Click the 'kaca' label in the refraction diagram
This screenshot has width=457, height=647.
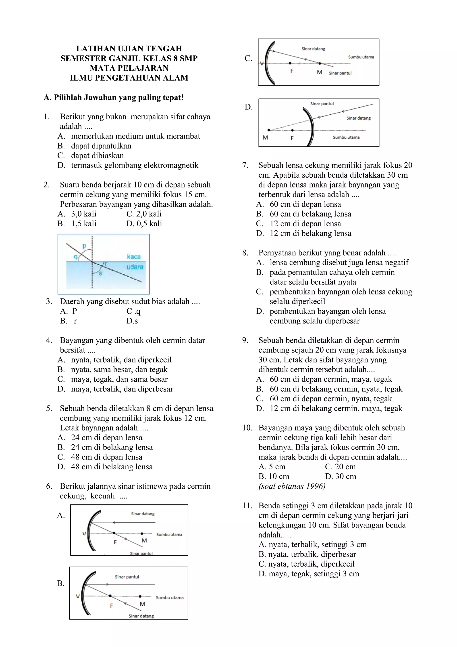point(133,256)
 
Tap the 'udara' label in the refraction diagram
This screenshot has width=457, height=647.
point(135,267)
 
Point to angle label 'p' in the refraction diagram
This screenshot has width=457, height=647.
point(84,246)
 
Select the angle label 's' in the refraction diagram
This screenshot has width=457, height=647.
point(100,273)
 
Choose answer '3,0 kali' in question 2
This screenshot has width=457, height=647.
point(84,214)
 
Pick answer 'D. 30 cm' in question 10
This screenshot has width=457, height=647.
point(341,476)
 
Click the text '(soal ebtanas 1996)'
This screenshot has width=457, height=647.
point(292,486)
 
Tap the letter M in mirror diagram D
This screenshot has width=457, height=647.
point(265,138)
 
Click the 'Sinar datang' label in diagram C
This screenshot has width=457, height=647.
point(313,49)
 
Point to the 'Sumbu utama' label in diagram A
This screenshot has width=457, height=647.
point(169,534)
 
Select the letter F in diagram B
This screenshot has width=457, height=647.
point(111,606)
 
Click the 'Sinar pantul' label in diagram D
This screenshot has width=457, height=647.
point(322,104)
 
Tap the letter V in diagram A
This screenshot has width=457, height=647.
point(84,534)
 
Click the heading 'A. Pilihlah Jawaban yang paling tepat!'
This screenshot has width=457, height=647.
point(114,97)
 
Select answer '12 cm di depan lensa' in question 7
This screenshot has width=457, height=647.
point(305,223)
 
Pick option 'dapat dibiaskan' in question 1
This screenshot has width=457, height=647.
point(97,155)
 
